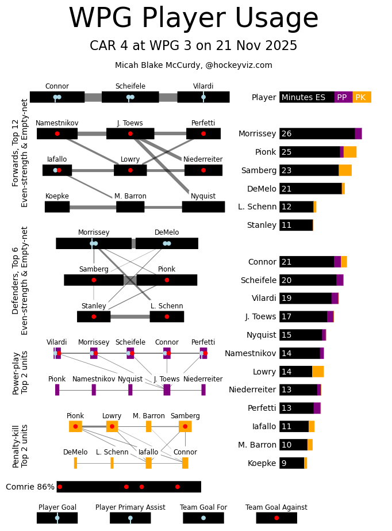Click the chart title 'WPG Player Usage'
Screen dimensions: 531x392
click(193, 19)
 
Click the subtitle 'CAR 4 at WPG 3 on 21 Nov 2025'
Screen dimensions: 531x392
click(193, 46)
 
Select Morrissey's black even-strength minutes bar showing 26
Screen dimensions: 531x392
click(317, 133)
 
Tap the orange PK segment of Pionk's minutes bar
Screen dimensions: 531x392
click(349, 152)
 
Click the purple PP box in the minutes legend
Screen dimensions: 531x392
click(343, 97)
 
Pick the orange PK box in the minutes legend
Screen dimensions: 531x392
click(362, 97)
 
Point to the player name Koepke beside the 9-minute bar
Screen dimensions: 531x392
click(263, 463)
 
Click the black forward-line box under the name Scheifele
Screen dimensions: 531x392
click(130, 97)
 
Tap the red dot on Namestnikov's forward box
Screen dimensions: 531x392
click(57, 133)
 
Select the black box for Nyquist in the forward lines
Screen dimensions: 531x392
click(203, 207)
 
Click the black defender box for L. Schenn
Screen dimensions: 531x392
click(167, 316)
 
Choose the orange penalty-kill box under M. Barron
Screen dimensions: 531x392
click(148, 426)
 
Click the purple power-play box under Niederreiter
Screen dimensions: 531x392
click(203, 389)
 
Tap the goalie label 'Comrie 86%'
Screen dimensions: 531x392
click(30, 487)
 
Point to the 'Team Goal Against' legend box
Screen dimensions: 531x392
click(276, 518)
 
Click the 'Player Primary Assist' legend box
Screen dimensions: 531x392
click(130, 518)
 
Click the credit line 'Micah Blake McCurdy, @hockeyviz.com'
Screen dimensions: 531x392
click(193, 66)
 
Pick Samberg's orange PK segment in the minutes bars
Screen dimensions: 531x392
click(345, 170)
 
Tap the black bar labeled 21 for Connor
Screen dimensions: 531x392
click(306, 262)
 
